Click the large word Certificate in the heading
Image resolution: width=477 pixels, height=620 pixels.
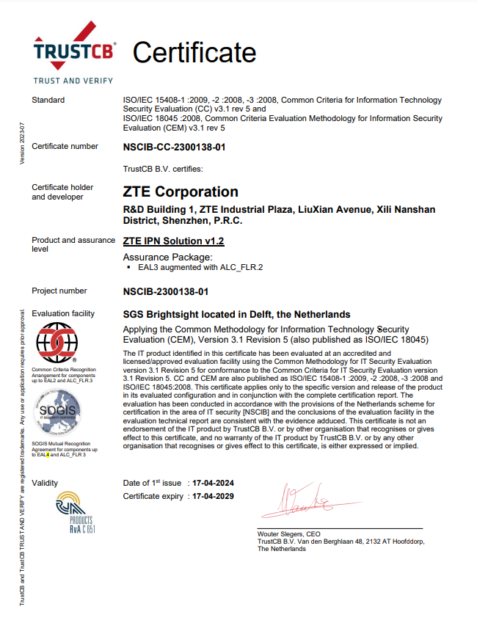194,52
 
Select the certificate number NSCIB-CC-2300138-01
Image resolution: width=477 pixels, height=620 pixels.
174,147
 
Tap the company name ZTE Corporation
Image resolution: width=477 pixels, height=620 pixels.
181,192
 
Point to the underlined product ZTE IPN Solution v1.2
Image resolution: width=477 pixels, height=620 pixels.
173,240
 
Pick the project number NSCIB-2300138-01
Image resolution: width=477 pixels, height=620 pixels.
166,291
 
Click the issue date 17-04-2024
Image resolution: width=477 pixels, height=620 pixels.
212,483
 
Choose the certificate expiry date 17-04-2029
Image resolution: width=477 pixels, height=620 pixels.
212,497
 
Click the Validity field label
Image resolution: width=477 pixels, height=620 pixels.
45,483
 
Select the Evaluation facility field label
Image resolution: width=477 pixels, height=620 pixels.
63,313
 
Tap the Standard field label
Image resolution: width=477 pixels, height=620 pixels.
48,100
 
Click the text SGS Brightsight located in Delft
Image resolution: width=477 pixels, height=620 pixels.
236,314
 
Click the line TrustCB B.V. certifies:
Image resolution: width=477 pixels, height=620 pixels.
163,169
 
